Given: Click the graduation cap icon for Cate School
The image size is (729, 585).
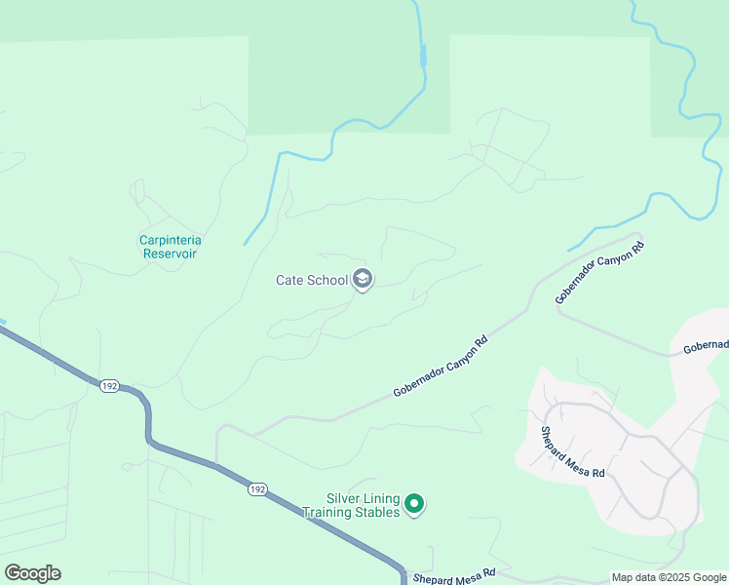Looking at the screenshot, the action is coord(363,281).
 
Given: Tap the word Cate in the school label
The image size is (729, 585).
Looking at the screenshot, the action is coord(290,281).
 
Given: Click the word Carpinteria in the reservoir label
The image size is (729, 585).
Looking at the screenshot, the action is coord(176,240).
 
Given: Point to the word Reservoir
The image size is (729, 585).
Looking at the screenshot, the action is coord(171,253).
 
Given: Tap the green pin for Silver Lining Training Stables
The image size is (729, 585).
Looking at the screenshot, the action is coord(414,504).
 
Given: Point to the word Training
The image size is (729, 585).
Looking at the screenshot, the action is coord(326,512).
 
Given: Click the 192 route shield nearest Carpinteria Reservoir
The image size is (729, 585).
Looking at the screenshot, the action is coord(108,386).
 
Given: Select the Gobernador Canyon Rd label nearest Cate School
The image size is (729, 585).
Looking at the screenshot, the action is coord(440,368).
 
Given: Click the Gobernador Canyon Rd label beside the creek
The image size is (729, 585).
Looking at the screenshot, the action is coord(600,273).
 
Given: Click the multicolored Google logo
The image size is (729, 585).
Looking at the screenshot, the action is coord(32,573).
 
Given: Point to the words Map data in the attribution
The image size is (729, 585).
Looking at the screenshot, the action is coord(634,577).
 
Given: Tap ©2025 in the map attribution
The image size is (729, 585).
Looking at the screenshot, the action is coord(673,577).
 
